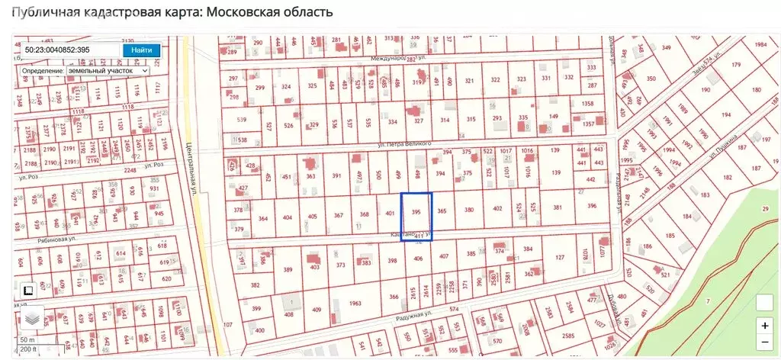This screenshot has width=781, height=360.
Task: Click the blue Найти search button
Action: (x=141, y=50)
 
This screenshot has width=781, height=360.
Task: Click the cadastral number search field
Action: (x=69, y=50)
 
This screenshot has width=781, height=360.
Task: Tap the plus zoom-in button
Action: (x=765, y=325)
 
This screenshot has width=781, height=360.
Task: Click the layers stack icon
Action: (x=31, y=317)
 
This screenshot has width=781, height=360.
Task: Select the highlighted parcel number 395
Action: (x=416, y=211)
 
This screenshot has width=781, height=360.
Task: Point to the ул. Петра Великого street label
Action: (x=404, y=143)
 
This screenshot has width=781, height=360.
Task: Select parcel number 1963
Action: (x=355, y=304)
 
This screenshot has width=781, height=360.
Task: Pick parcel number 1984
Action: (x=760, y=44)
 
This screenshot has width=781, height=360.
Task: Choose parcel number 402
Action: (x=497, y=208)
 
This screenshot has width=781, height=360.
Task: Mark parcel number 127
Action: (x=561, y=257)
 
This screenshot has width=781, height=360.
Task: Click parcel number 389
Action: (x=288, y=270)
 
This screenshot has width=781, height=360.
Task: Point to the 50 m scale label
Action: (x=27, y=339)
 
